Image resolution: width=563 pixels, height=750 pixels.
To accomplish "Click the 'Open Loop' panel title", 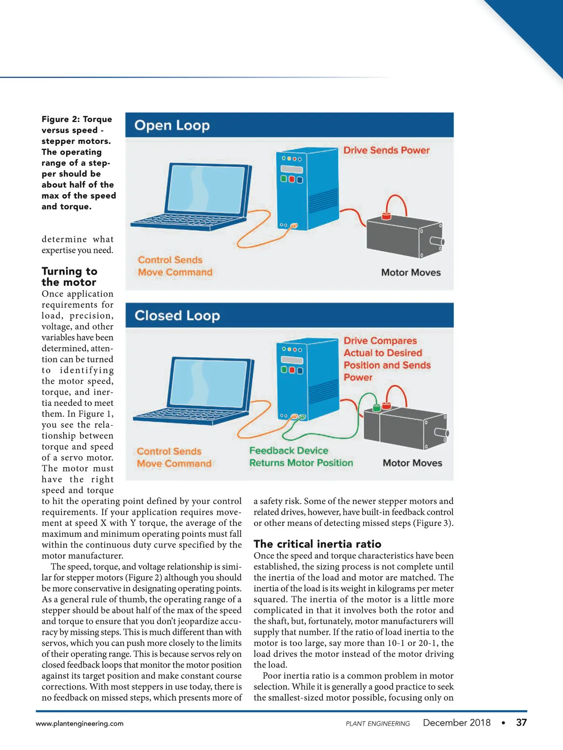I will [x=172, y=126].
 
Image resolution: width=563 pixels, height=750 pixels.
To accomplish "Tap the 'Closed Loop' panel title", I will [x=177, y=315].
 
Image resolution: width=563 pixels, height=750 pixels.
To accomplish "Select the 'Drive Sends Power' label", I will [x=386, y=150].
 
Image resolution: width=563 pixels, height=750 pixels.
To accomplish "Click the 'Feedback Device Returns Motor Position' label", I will [x=301, y=457].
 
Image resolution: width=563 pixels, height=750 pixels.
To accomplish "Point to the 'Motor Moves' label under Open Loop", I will [x=411, y=273].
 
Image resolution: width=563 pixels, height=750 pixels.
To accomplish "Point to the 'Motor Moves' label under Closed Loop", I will [x=412, y=463].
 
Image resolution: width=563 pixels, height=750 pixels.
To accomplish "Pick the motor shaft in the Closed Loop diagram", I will [x=442, y=432].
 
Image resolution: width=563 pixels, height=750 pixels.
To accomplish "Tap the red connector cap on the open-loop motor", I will [x=386, y=216].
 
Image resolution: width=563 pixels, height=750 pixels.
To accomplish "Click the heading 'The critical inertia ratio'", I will [x=317, y=544].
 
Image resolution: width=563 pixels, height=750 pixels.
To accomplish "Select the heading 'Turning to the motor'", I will [x=69, y=277].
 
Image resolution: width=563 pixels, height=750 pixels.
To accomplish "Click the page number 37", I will [x=521, y=723].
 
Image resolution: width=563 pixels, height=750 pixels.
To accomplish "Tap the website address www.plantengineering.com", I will [x=80, y=724].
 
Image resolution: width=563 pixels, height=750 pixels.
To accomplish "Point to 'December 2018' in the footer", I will [x=456, y=723].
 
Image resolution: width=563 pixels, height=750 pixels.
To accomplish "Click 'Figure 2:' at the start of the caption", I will [x=60, y=120].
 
